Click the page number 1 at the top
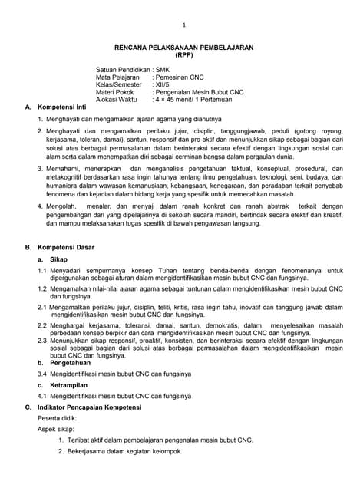point(183,25)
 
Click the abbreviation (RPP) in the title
point(183,54)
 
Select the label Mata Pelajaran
point(118,77)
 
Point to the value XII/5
point(164,84)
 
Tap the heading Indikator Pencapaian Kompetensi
point(96,406)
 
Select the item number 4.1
point(43,395)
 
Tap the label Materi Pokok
point(116,92)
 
